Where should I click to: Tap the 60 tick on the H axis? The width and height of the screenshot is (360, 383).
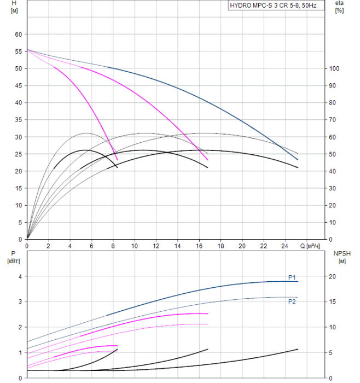18,34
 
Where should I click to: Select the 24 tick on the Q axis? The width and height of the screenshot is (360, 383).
284,245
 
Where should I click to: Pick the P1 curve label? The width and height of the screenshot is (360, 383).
292,277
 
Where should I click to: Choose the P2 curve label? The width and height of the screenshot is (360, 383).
292,301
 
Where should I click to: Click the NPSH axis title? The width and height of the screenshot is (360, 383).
339,257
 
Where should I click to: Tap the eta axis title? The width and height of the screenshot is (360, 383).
339,7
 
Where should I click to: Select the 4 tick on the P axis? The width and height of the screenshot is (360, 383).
20,276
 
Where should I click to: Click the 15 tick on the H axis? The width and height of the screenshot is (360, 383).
18,188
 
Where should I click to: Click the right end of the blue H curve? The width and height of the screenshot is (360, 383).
298,160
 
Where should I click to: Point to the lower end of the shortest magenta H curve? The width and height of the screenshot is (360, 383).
118,160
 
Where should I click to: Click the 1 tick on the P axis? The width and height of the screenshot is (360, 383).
20,352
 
